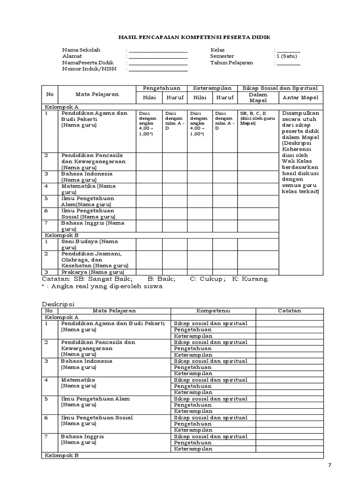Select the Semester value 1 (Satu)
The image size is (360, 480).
(x=287, y=56)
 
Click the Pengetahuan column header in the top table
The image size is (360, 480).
(x=162, y=88)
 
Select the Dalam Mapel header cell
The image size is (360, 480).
(x=257, y=97)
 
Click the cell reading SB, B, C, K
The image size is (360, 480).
(x=253, y=113)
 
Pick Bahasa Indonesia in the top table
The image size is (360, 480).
(x=87, y=174)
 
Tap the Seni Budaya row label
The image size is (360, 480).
(x=89, y=241)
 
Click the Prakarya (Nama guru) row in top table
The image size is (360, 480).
(x=92, y=272)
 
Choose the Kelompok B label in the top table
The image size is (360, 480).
(x=61, y=235)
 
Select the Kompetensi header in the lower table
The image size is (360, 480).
(x=213, y=311)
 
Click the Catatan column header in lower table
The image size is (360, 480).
(x=289, y=311)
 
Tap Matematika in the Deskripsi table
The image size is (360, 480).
(x=78, y=380)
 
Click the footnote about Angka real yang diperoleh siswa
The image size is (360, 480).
(x=102, y=286)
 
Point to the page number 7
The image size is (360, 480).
(x=330, y=465)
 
